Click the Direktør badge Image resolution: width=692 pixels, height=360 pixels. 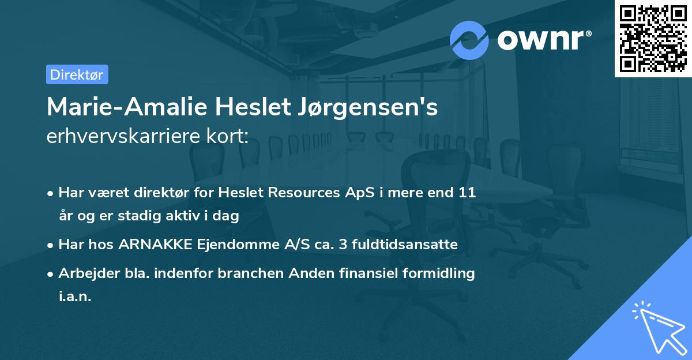coord(77,74)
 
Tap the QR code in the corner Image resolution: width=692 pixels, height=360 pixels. coord(653,38)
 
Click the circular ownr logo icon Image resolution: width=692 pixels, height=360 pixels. coord(469,40)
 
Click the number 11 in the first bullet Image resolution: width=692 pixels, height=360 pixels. coord(467,193)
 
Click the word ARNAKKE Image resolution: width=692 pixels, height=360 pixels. coord(152,245)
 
